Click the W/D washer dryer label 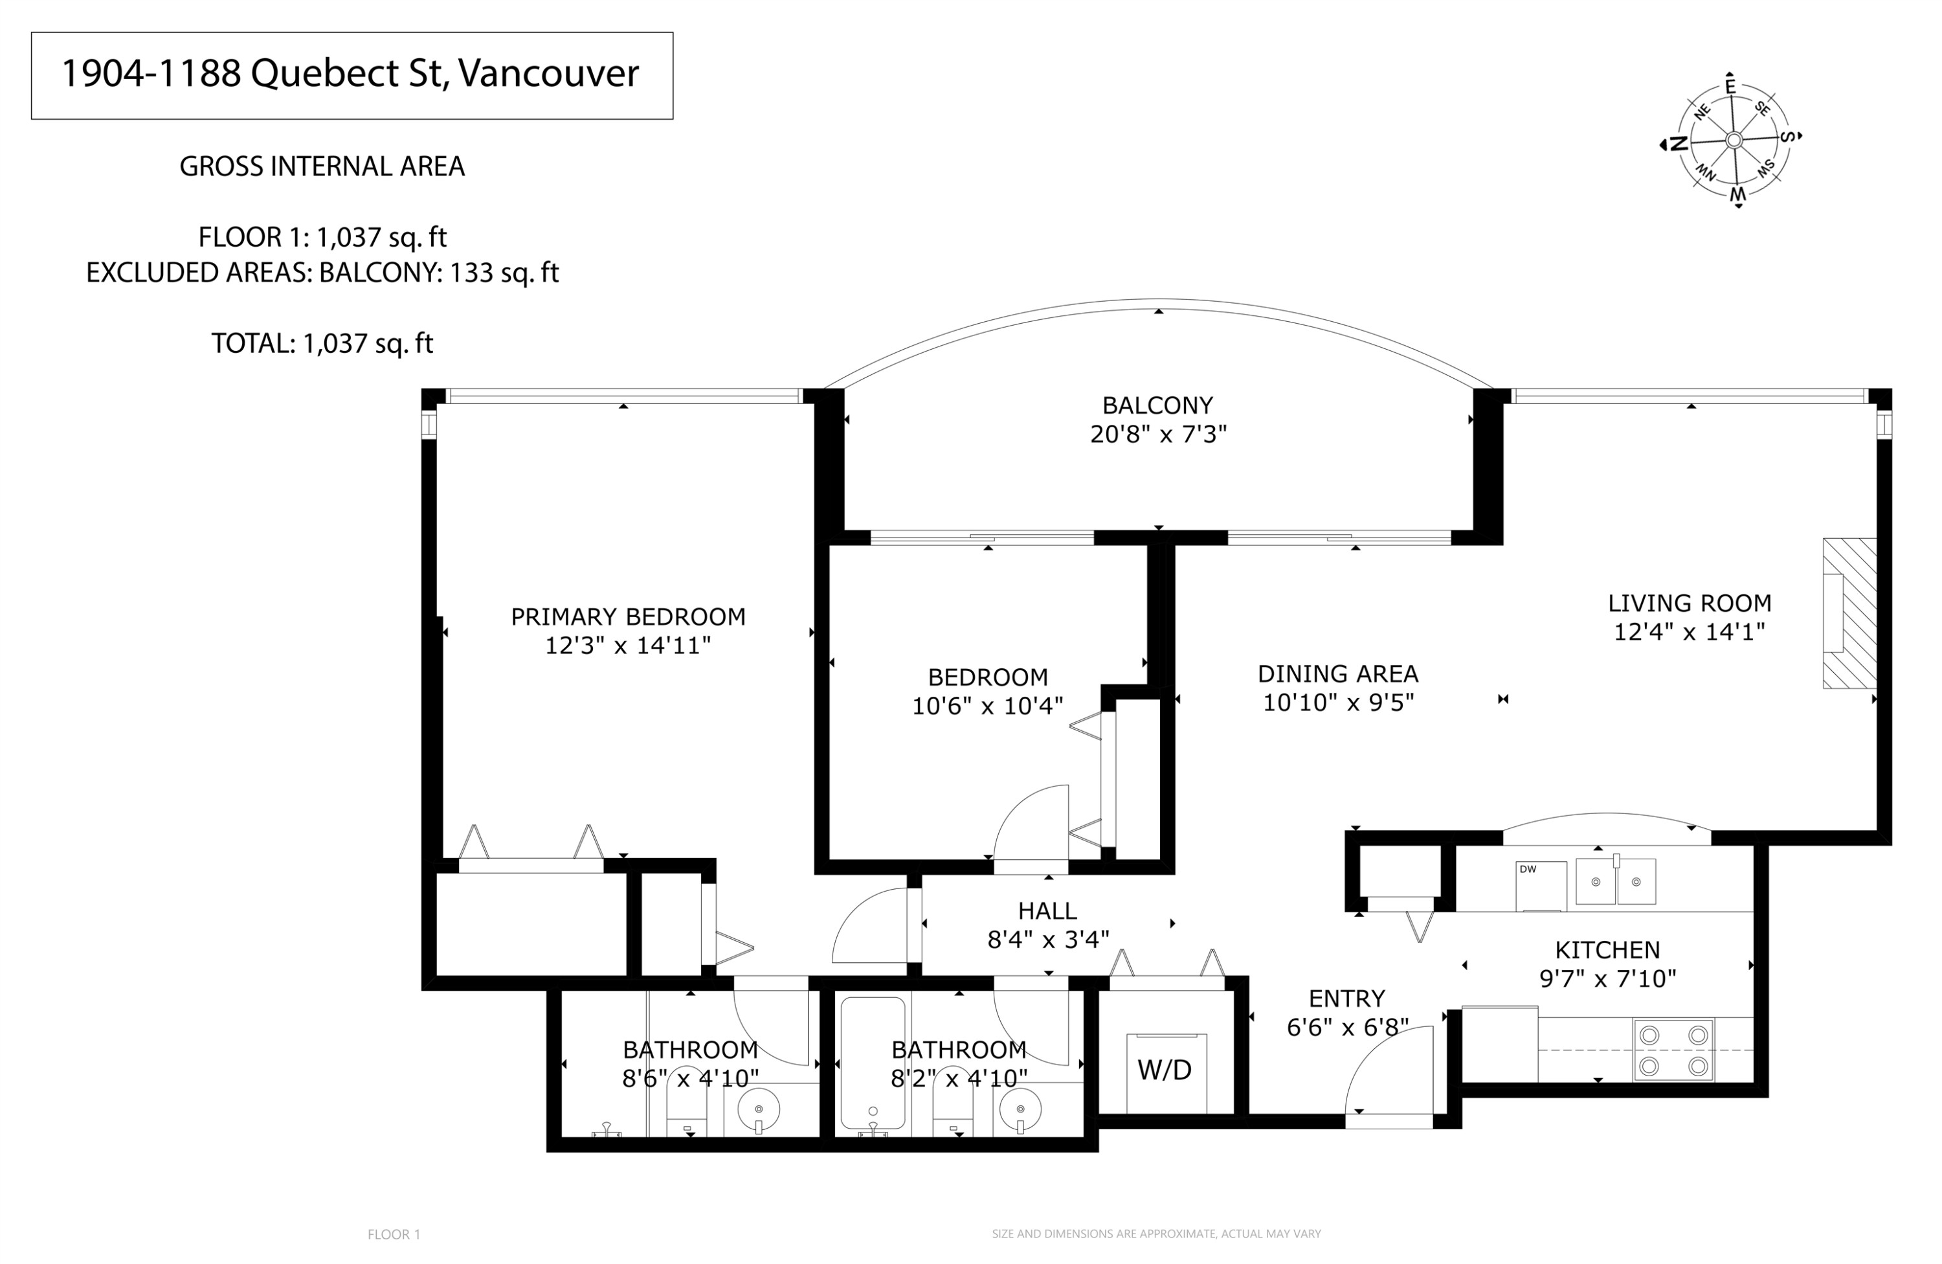click(1165, 1070)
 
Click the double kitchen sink click(1615, 882)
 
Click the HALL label click(1047, 910)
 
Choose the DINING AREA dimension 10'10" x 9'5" click(1337, 703)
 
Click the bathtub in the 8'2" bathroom click(872, 1063)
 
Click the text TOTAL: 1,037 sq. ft click(322, 344)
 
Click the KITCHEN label click(1607, 950)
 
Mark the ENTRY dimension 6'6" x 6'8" click(1347, 1028)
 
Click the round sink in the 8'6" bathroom click(758, 1110)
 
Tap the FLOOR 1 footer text click(394, 1235)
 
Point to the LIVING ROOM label click(1689, 604)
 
